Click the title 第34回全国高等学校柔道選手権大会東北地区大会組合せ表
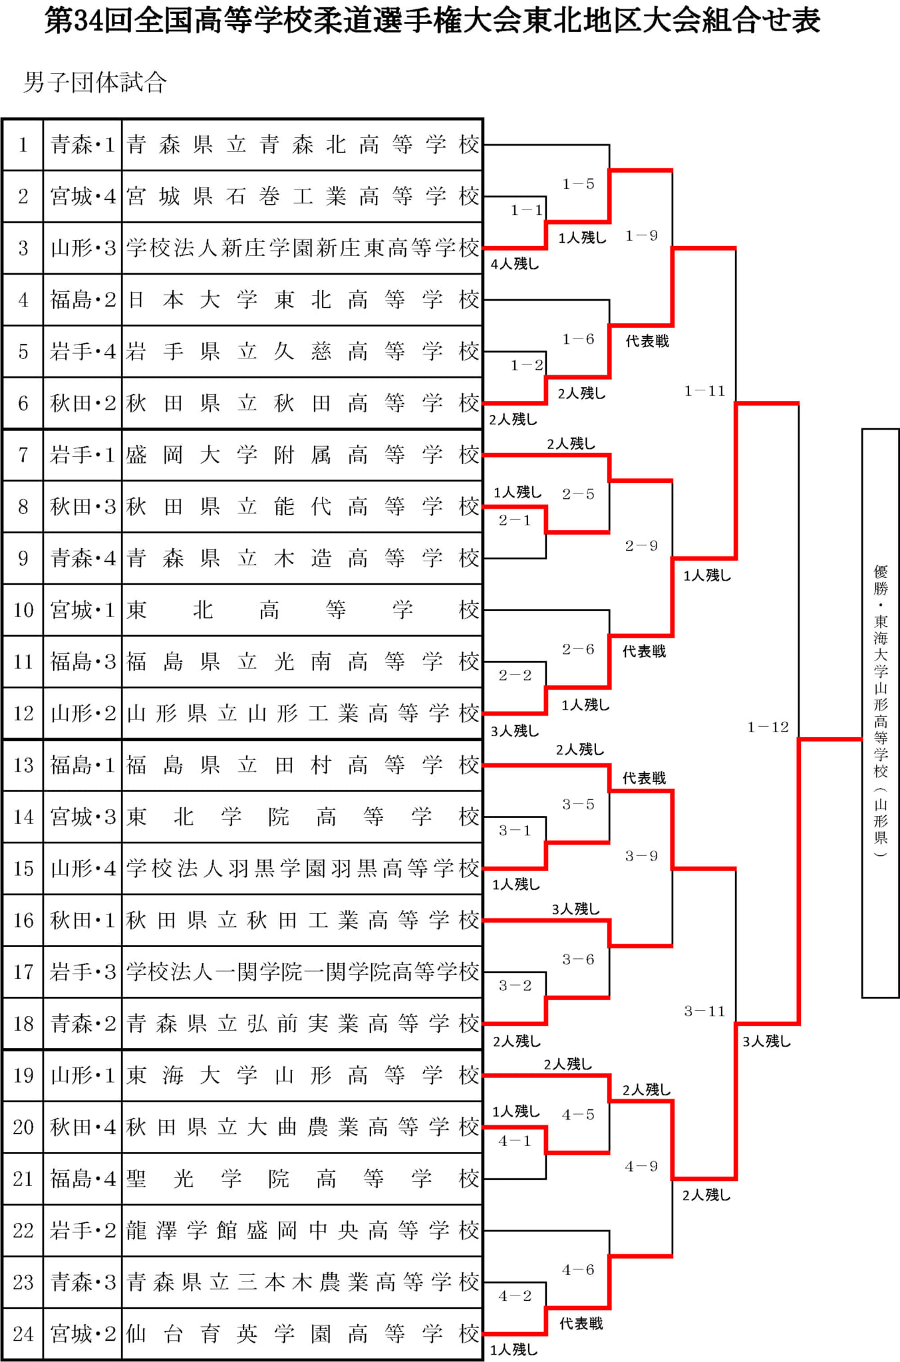pos(432,21)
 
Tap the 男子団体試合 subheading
pos(94,82)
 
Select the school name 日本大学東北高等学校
pos(303,300)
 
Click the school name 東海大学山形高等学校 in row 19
pos(303,1075)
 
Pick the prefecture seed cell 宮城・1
pos(82,610)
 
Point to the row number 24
pos(23,1333)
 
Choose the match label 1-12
pos(768,727)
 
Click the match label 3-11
pos(704,1011)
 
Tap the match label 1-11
pos(704,391)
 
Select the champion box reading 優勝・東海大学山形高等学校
pos(880,713)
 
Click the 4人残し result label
pos(515,264)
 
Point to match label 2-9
pos(641,546)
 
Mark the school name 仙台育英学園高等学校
pos(303,1333)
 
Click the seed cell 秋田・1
pos(82,920)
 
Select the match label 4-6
pos(578,1270)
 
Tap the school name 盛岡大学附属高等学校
pos(303,455)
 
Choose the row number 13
pos(23,765)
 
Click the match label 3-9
pos(641,856)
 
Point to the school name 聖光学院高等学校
pos(303,1178)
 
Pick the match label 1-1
pos(527,210)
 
